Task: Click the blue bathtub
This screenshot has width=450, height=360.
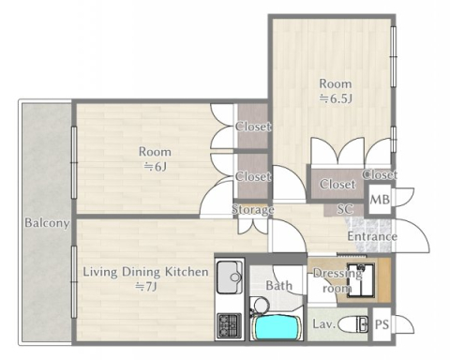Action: [277, 327]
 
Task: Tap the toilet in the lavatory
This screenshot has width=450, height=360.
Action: [353, 325]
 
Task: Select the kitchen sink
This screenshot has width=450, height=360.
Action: [229, 277]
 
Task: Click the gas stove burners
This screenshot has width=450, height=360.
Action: [229, 325]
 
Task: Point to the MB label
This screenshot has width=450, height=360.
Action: [380, 199]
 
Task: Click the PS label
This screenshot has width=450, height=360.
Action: [382, 324]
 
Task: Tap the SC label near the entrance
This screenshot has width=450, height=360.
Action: [345, 209]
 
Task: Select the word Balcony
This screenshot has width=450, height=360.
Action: [47, 223]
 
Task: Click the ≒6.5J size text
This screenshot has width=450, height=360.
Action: [336, 98]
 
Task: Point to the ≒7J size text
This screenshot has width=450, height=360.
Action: [145, 286]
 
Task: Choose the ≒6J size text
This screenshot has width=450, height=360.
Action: [155, 167]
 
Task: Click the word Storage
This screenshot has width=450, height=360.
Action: [252, 209]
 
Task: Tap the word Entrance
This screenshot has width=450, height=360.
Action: [372, 236]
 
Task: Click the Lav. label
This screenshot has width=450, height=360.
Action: [324, 324]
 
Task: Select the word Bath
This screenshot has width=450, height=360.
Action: [278, 285]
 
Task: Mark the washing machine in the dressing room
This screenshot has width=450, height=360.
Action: [361, 280]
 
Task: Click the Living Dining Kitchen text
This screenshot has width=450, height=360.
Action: [145, 272]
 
